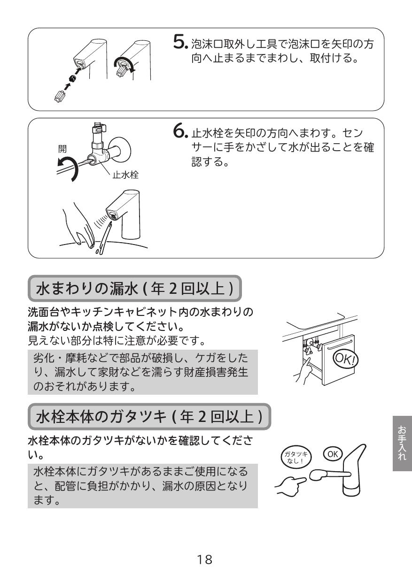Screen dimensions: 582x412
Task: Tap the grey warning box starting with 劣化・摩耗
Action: [x=144, y=371]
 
